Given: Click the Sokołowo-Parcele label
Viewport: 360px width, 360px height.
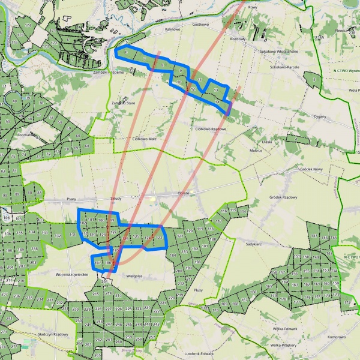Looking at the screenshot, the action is (x=285, y=67).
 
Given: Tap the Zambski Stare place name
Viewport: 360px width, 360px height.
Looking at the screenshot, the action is (x=124, y=103).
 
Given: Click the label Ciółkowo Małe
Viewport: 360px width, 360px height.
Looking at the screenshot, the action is (x=144, y=138).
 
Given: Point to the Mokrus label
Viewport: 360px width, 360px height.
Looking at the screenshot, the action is (x=256, y=150).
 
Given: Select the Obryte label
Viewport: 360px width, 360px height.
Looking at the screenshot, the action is (x=184, y=193).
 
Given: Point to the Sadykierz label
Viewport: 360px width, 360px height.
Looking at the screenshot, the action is (x=254, y=245).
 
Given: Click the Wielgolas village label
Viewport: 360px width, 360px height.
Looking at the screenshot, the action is (x=137, y=277).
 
